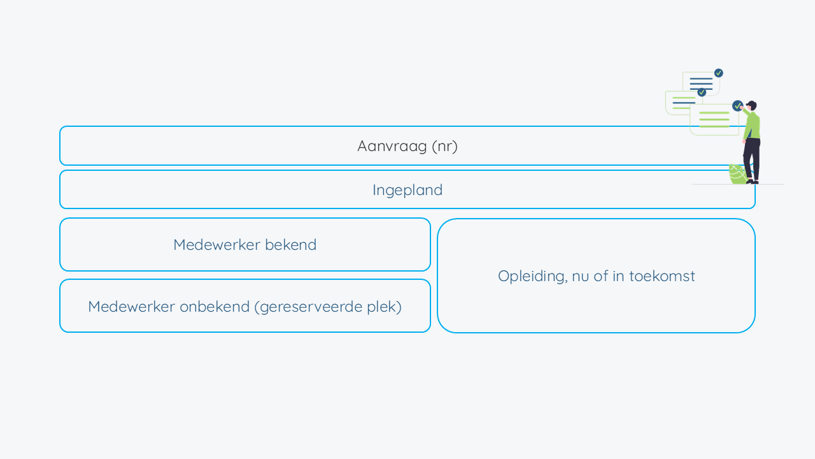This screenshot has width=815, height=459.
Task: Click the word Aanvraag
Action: tap(392, 147)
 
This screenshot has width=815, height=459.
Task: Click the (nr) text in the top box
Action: tap(444, 147)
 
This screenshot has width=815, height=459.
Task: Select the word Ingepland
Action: tap(407, 191)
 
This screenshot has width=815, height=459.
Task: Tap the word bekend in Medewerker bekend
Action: tap(291, 245)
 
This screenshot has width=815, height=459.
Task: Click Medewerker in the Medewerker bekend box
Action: tap(217, 245)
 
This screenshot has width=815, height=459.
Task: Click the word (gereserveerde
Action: tap(309, 307)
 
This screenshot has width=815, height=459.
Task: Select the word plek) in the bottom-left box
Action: tap(384, 307)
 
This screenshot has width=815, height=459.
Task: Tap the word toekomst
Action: tap(662, 277)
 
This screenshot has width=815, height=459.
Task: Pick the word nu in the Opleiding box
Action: tap(581, 277)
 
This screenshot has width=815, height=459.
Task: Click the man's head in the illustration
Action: tap(751, 106)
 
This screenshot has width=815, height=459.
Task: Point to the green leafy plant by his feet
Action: tap(737, 174)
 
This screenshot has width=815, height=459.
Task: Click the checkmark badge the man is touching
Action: tap(737, 106)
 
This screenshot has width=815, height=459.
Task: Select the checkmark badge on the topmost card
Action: tap(719, 73)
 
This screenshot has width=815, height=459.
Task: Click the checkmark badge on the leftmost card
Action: tap(702, 92)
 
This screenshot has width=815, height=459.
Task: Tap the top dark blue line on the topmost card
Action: tap(701, 78)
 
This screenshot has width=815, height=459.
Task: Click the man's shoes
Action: tap(753, 182)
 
